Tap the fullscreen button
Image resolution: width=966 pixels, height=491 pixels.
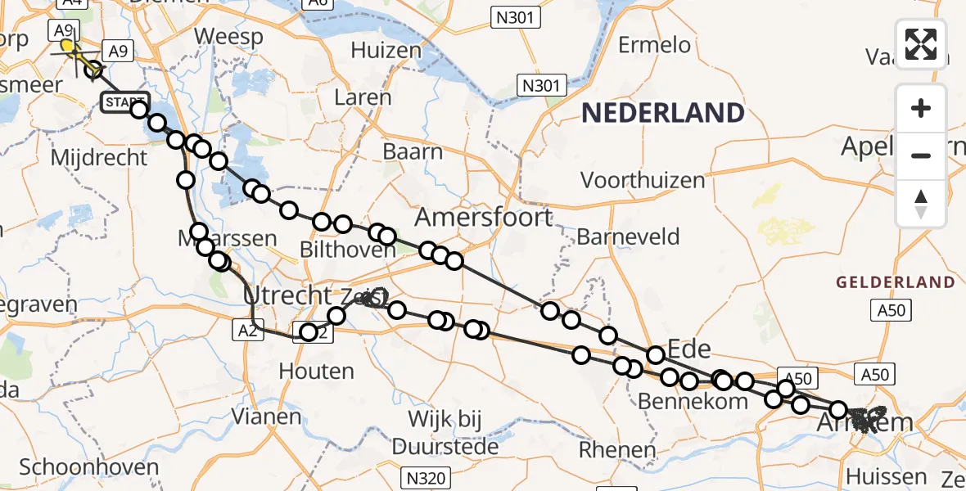coord(921,44)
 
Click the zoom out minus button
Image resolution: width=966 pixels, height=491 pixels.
coord(921,155)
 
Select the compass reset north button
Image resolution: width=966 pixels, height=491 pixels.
coord(921,204)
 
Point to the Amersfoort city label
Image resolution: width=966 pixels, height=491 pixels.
coord(484,218)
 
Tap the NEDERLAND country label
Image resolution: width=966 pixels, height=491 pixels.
coord(663,113)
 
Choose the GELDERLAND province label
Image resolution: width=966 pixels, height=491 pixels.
coord(895,282)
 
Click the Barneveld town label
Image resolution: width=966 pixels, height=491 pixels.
coord(628,237)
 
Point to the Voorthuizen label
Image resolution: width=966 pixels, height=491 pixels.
coord(642,179)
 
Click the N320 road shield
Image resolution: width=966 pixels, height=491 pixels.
coord(423,475)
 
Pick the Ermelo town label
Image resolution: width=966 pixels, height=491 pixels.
coord(654,45)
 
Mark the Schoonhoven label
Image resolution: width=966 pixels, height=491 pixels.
coord(88,467)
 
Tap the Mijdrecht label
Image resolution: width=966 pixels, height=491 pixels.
coord(98,156)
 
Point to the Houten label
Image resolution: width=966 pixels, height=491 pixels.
coord(316,371)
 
